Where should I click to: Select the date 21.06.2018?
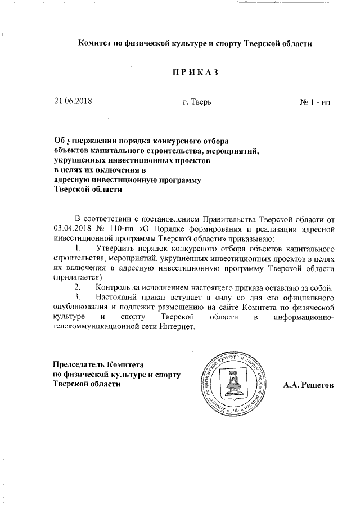[x=73, y=102]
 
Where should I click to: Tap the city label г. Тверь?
[x=197, y=102]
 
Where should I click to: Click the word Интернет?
[x=176, y=327]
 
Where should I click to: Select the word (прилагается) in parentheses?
[x=78, y=278]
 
